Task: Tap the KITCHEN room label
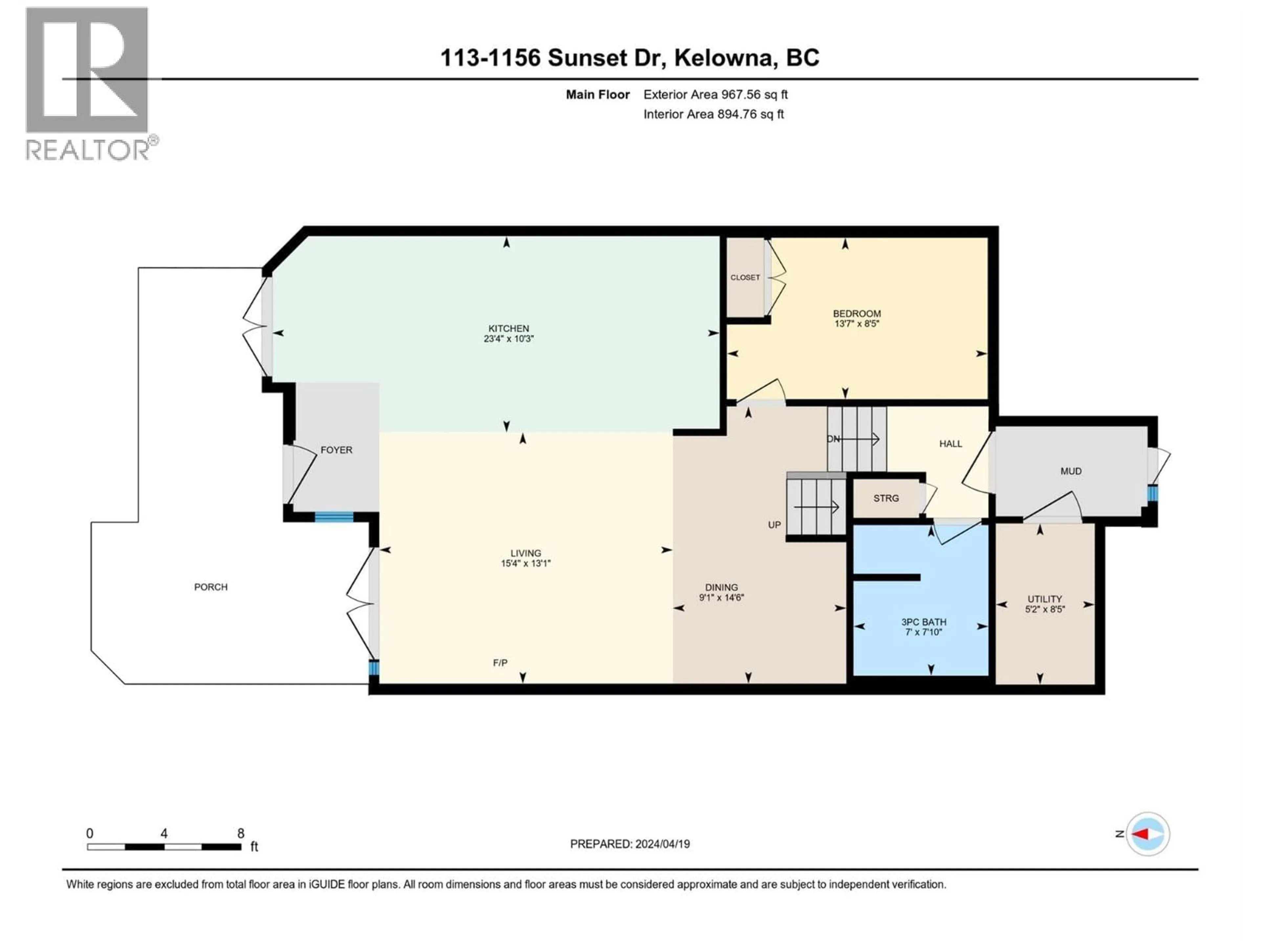pyautogui.click(x=508, y=328)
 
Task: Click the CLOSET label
pyautogui.click(x=745, y=278)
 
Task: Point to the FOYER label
pyautogui.click(x=336, y=450)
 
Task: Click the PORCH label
pyautogui.click(x=210, y=587)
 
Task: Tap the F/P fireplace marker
pyautogui.click(x=500, y=663)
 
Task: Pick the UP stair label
pyautogui.click(x=774, y=525)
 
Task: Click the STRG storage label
pyautogui.click(x=886, y=498)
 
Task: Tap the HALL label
pyautogui.click(x=950, y=444)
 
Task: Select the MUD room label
pyautogui.click(x=1071, y=471)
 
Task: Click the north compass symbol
pyautogui.click(x=1148, y=834)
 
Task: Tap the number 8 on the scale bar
pyautogui.click(x=241, y=833)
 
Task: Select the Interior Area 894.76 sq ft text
pyautogui.click(x=713, y=114)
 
